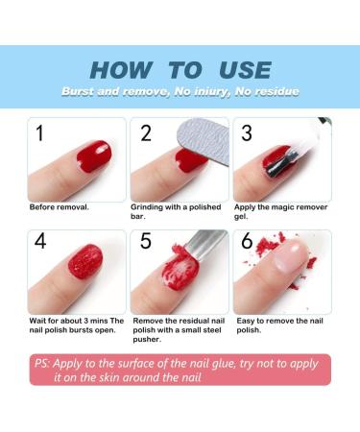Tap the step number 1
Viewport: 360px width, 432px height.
[x=40, y=133]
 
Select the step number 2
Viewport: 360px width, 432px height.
[x=146, y=133]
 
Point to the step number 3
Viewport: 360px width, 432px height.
[x=248, y=133]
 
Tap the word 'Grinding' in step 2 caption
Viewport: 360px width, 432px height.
[x=147, y=206]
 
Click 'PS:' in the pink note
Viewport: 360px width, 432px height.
[x=44, y=363]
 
